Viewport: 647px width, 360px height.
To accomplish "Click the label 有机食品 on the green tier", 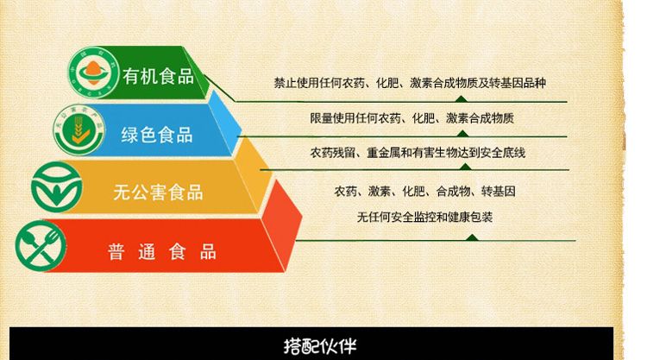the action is pyautogui.click(x=158, y=76).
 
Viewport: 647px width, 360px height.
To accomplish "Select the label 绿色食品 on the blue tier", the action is pyautogui.click(x=157, y=135).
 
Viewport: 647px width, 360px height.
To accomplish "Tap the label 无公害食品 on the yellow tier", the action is pyautogui.click(x=158, y=193).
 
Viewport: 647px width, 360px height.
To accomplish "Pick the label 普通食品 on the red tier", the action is pyautogui.click(x=162, y=251).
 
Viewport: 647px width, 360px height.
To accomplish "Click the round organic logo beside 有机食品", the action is pyautogui.click(x=93, y=73).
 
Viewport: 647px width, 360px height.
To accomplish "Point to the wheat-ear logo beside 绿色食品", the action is pyautogui.click(x=79, y=130).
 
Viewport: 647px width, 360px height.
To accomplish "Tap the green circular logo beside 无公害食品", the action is pyautogui.click(x=57, y=187).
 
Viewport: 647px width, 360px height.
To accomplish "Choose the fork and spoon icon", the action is pyautogui.click(x=41, y=246).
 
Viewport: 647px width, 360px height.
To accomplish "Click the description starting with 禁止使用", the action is pyautogui.click(x=410, y=83).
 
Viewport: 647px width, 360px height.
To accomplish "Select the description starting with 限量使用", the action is pyautogui.click(x=411, y=118).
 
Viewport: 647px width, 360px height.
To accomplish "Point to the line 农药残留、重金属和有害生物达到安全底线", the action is pyautogui.click(x=418, y=153).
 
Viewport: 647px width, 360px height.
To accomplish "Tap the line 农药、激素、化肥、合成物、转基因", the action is pyautogui.click(x=424, y=191).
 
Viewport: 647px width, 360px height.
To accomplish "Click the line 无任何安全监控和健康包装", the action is pyautogui.click(x=424, y=218).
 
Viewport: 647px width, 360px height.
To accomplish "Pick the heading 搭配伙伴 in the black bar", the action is pyautogui.click(x=320, y=346).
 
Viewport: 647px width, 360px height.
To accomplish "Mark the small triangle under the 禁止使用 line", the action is pyautogui.click(x=462, y=98).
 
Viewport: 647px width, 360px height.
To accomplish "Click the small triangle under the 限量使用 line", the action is pyautogui.click(x=462, y=134).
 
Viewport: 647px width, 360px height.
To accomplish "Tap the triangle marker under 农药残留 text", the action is pyautogui.click(x=465, y=167).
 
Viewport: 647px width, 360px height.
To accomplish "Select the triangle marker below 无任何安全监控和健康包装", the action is pyautogui.click(x=472, y=237).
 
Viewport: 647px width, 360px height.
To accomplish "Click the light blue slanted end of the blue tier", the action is pyautogui.click(x=224, y=123).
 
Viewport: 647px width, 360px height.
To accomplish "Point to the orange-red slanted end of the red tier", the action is pyautogui.click(x=281, y=225).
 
